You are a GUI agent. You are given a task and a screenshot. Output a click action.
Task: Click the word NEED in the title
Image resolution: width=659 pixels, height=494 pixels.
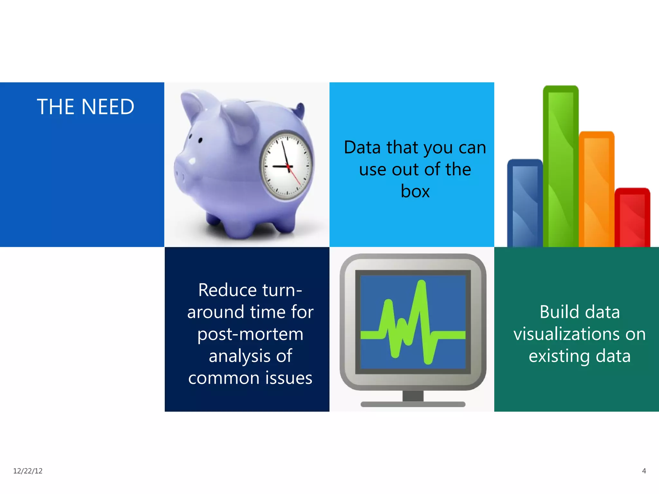108,107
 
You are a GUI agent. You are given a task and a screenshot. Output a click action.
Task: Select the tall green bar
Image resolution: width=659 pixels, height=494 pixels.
561,167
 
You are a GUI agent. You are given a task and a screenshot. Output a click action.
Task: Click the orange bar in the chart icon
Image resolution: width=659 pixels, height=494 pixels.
596,190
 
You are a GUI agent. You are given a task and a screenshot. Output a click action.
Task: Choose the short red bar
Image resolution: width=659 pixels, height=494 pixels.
632,219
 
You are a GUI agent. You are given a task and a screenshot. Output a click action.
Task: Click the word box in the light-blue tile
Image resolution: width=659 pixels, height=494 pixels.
415,191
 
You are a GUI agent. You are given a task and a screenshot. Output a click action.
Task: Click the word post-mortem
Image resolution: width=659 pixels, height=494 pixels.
250,334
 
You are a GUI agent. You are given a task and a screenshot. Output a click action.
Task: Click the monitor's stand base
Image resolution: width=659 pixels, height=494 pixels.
413,404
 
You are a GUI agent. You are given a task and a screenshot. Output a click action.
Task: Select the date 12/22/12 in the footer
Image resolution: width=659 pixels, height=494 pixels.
28,471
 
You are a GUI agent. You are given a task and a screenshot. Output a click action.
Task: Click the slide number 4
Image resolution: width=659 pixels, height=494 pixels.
644,471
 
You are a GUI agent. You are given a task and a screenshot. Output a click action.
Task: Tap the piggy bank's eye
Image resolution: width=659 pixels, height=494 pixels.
200,140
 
